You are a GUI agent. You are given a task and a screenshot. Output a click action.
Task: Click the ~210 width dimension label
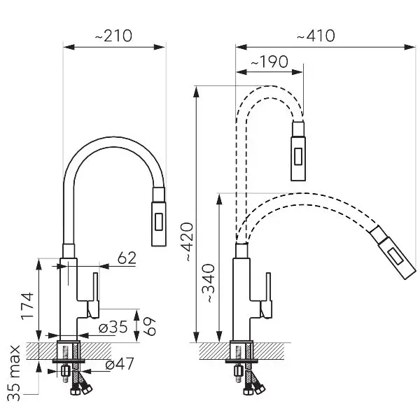(113, 36)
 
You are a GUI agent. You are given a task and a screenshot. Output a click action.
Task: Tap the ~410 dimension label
(316, 36)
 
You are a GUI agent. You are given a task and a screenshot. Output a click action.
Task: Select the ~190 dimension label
(269, 62)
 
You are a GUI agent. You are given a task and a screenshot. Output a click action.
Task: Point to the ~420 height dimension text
(186, 241)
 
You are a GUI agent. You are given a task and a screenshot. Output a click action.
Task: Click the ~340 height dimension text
(209, 283)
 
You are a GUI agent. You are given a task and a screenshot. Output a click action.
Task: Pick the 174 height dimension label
(27, 306)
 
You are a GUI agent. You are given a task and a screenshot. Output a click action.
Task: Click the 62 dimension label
(127, 258)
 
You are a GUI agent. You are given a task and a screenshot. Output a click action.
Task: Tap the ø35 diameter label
(113, 327)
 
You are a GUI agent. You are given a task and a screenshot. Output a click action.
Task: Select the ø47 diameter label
(120, 364)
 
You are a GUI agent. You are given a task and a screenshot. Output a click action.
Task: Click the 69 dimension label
(150, 326)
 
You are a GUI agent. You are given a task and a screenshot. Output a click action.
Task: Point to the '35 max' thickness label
(14, 373)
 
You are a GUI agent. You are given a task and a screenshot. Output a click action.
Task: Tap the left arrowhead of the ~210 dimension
(69, 47)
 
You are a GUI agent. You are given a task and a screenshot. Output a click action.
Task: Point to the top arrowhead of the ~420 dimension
(197, 92)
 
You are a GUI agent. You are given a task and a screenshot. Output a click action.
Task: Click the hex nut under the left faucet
(66, 371)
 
